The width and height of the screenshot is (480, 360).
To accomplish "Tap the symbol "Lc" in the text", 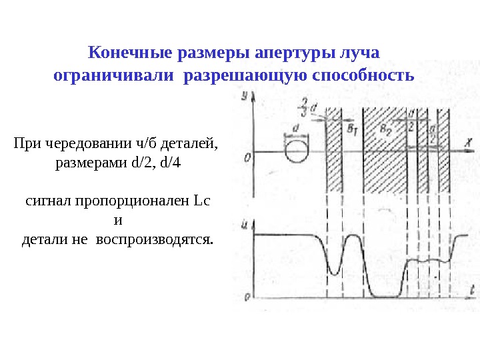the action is coord(201,200).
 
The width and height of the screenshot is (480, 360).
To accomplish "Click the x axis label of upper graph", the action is coord(469,141).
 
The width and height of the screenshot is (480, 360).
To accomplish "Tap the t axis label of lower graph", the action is coord(471,289).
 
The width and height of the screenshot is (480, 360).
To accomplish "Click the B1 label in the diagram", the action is coord(352,129).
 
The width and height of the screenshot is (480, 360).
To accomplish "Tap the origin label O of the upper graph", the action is coord(247,157).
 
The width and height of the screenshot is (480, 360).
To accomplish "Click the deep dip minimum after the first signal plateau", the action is coord(334,272).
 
